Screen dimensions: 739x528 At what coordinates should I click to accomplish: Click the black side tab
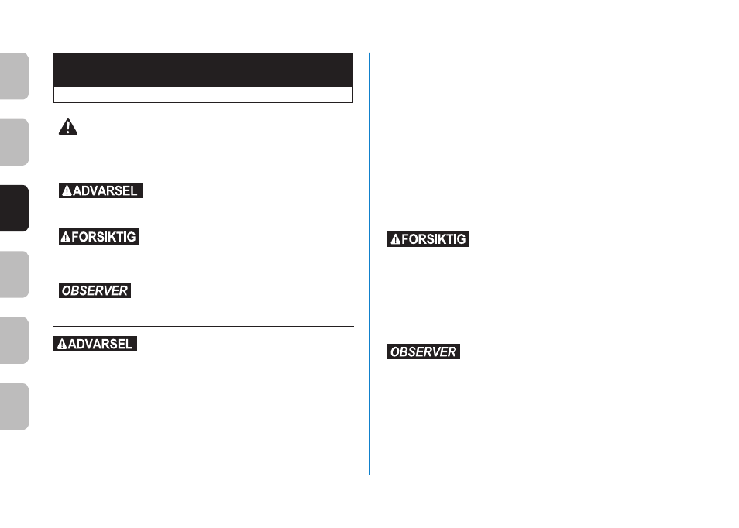[x=15, y=208]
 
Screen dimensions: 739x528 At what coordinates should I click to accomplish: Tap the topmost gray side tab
[x=15, y=76]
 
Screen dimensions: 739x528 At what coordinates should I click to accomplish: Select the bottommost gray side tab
[x=15, y=406]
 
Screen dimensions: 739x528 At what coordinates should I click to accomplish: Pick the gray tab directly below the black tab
[x=15, y=274]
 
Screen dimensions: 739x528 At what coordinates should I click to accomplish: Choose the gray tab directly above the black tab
[x=15, y=142]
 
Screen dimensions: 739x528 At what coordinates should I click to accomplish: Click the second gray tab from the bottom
[x=15, y=340]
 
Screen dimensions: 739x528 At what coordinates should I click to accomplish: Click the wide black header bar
[x=203, y=70]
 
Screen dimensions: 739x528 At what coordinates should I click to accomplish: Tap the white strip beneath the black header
[x=203, y=94]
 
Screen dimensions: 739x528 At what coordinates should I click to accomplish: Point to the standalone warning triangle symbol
[x=68, y=127]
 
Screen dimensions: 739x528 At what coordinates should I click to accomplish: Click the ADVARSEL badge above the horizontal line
[x=101, y=190]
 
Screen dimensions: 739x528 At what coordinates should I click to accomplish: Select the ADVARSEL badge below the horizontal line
[x=95, y=344]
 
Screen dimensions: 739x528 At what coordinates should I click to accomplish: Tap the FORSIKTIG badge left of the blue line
[x=99, y=236]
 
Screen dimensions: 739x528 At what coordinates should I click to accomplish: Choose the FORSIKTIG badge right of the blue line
[x=428, y=238]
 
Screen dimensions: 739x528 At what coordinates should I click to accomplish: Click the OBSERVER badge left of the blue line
[x=95, y=290]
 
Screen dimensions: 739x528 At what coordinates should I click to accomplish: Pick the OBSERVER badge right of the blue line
[x=424, y=351]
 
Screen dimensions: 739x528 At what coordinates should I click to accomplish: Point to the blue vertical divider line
[x=370, y=264]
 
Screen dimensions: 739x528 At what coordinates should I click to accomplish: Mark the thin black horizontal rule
[x=204, y=326]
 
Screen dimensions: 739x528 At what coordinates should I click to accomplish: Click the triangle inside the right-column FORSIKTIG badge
[x=396, y=239]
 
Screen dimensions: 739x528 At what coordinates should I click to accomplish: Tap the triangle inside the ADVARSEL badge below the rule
[x=62, y=345]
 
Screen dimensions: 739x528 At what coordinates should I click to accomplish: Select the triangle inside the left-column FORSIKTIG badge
[x=66, y=237]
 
